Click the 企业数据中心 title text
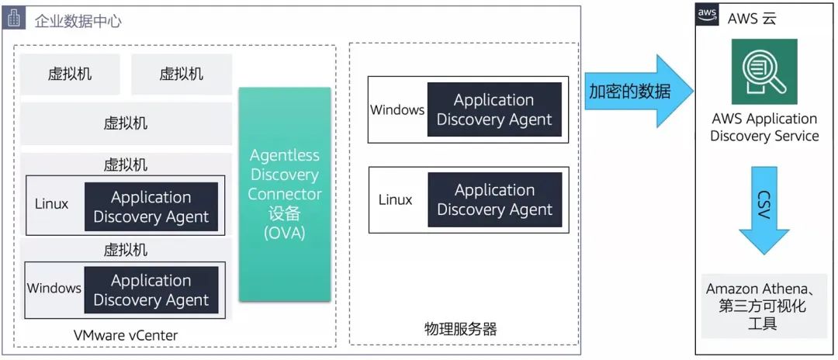pos(78,21)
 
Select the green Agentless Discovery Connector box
pos(285,194)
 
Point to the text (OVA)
pos(285,233)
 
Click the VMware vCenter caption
pos(125,335)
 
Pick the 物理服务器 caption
pos(461,329)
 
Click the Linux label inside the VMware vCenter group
pos(51,204)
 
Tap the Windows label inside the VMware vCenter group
pos(54,288)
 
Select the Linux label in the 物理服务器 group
pos(396,200)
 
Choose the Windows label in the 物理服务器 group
pos(397,110)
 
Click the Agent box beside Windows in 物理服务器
pos(494,109)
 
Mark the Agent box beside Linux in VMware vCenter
pos(151,207)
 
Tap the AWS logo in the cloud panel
pos(707,15)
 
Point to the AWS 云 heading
pos(751,19)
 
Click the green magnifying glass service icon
pos(764,71)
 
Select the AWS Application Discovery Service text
pos(764,127)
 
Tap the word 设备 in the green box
pos(285,213)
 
